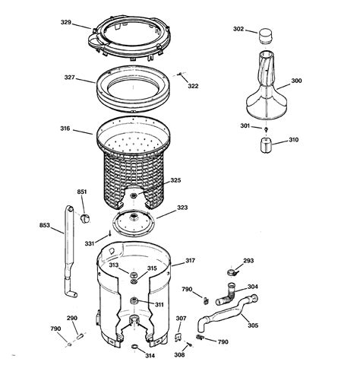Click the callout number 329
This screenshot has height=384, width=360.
[x=66, y=23]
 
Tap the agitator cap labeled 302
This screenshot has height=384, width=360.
[x=265, y=35]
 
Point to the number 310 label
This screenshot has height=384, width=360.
[x=293, y=140]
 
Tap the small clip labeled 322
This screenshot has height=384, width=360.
[x=180, y=75]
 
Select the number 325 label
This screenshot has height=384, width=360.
[x=175, y=180]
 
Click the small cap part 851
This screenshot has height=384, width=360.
[x=85, y=219]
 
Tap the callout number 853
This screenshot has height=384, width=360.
[x=45, y=225]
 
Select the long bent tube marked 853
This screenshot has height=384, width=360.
[x=67, y=251]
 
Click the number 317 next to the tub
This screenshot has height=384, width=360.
[x=190, y=261]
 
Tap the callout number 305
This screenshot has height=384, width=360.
[x=253, y=325]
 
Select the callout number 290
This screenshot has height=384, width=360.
[x=72, y=317]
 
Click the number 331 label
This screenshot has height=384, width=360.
[x=90, y=243]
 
